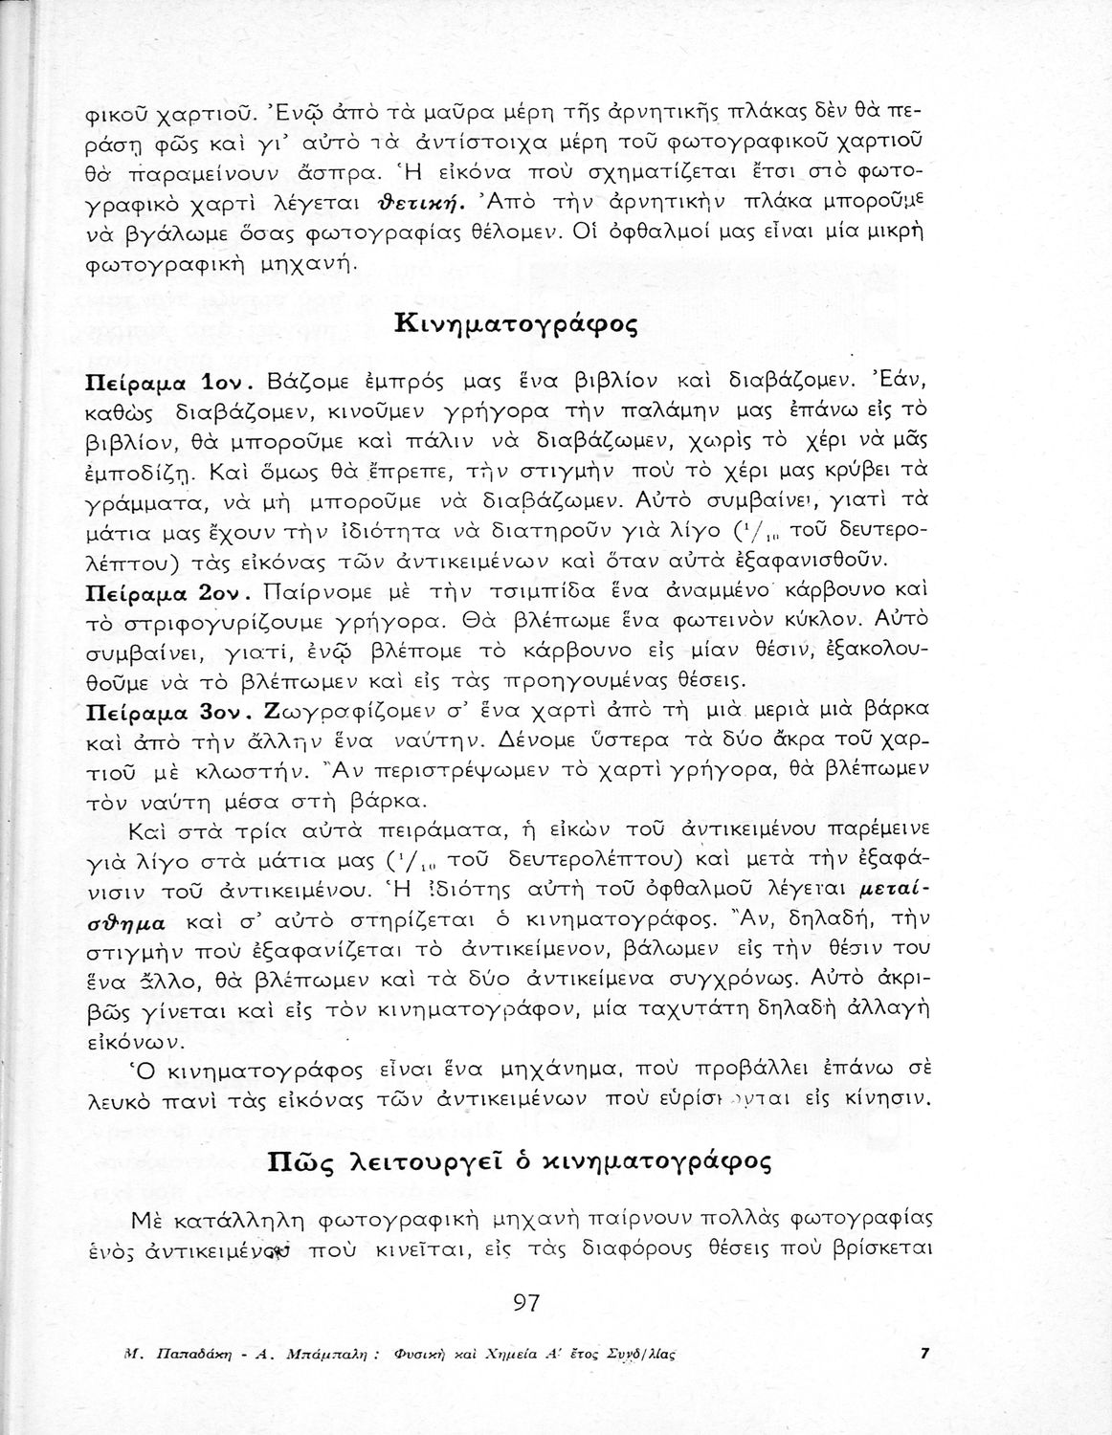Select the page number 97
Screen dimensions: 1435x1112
(527, 1302)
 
